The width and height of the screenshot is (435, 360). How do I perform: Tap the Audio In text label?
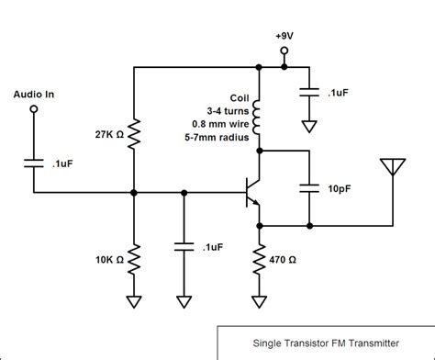(x=34, y=94)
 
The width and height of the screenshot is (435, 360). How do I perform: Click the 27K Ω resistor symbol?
(x=135, y=134)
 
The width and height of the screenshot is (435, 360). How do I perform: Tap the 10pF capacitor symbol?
(x=309, y=188)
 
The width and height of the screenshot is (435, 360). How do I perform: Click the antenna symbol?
(x=393, y=167)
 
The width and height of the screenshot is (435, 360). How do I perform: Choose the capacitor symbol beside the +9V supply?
(x=309, y=93)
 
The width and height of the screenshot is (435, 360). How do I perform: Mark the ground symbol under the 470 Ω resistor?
(x=259, y=300)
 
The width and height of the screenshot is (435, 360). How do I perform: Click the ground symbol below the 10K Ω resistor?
(x=135, y=300)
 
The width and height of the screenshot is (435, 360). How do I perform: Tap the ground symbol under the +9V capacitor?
(x=309, y=126)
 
